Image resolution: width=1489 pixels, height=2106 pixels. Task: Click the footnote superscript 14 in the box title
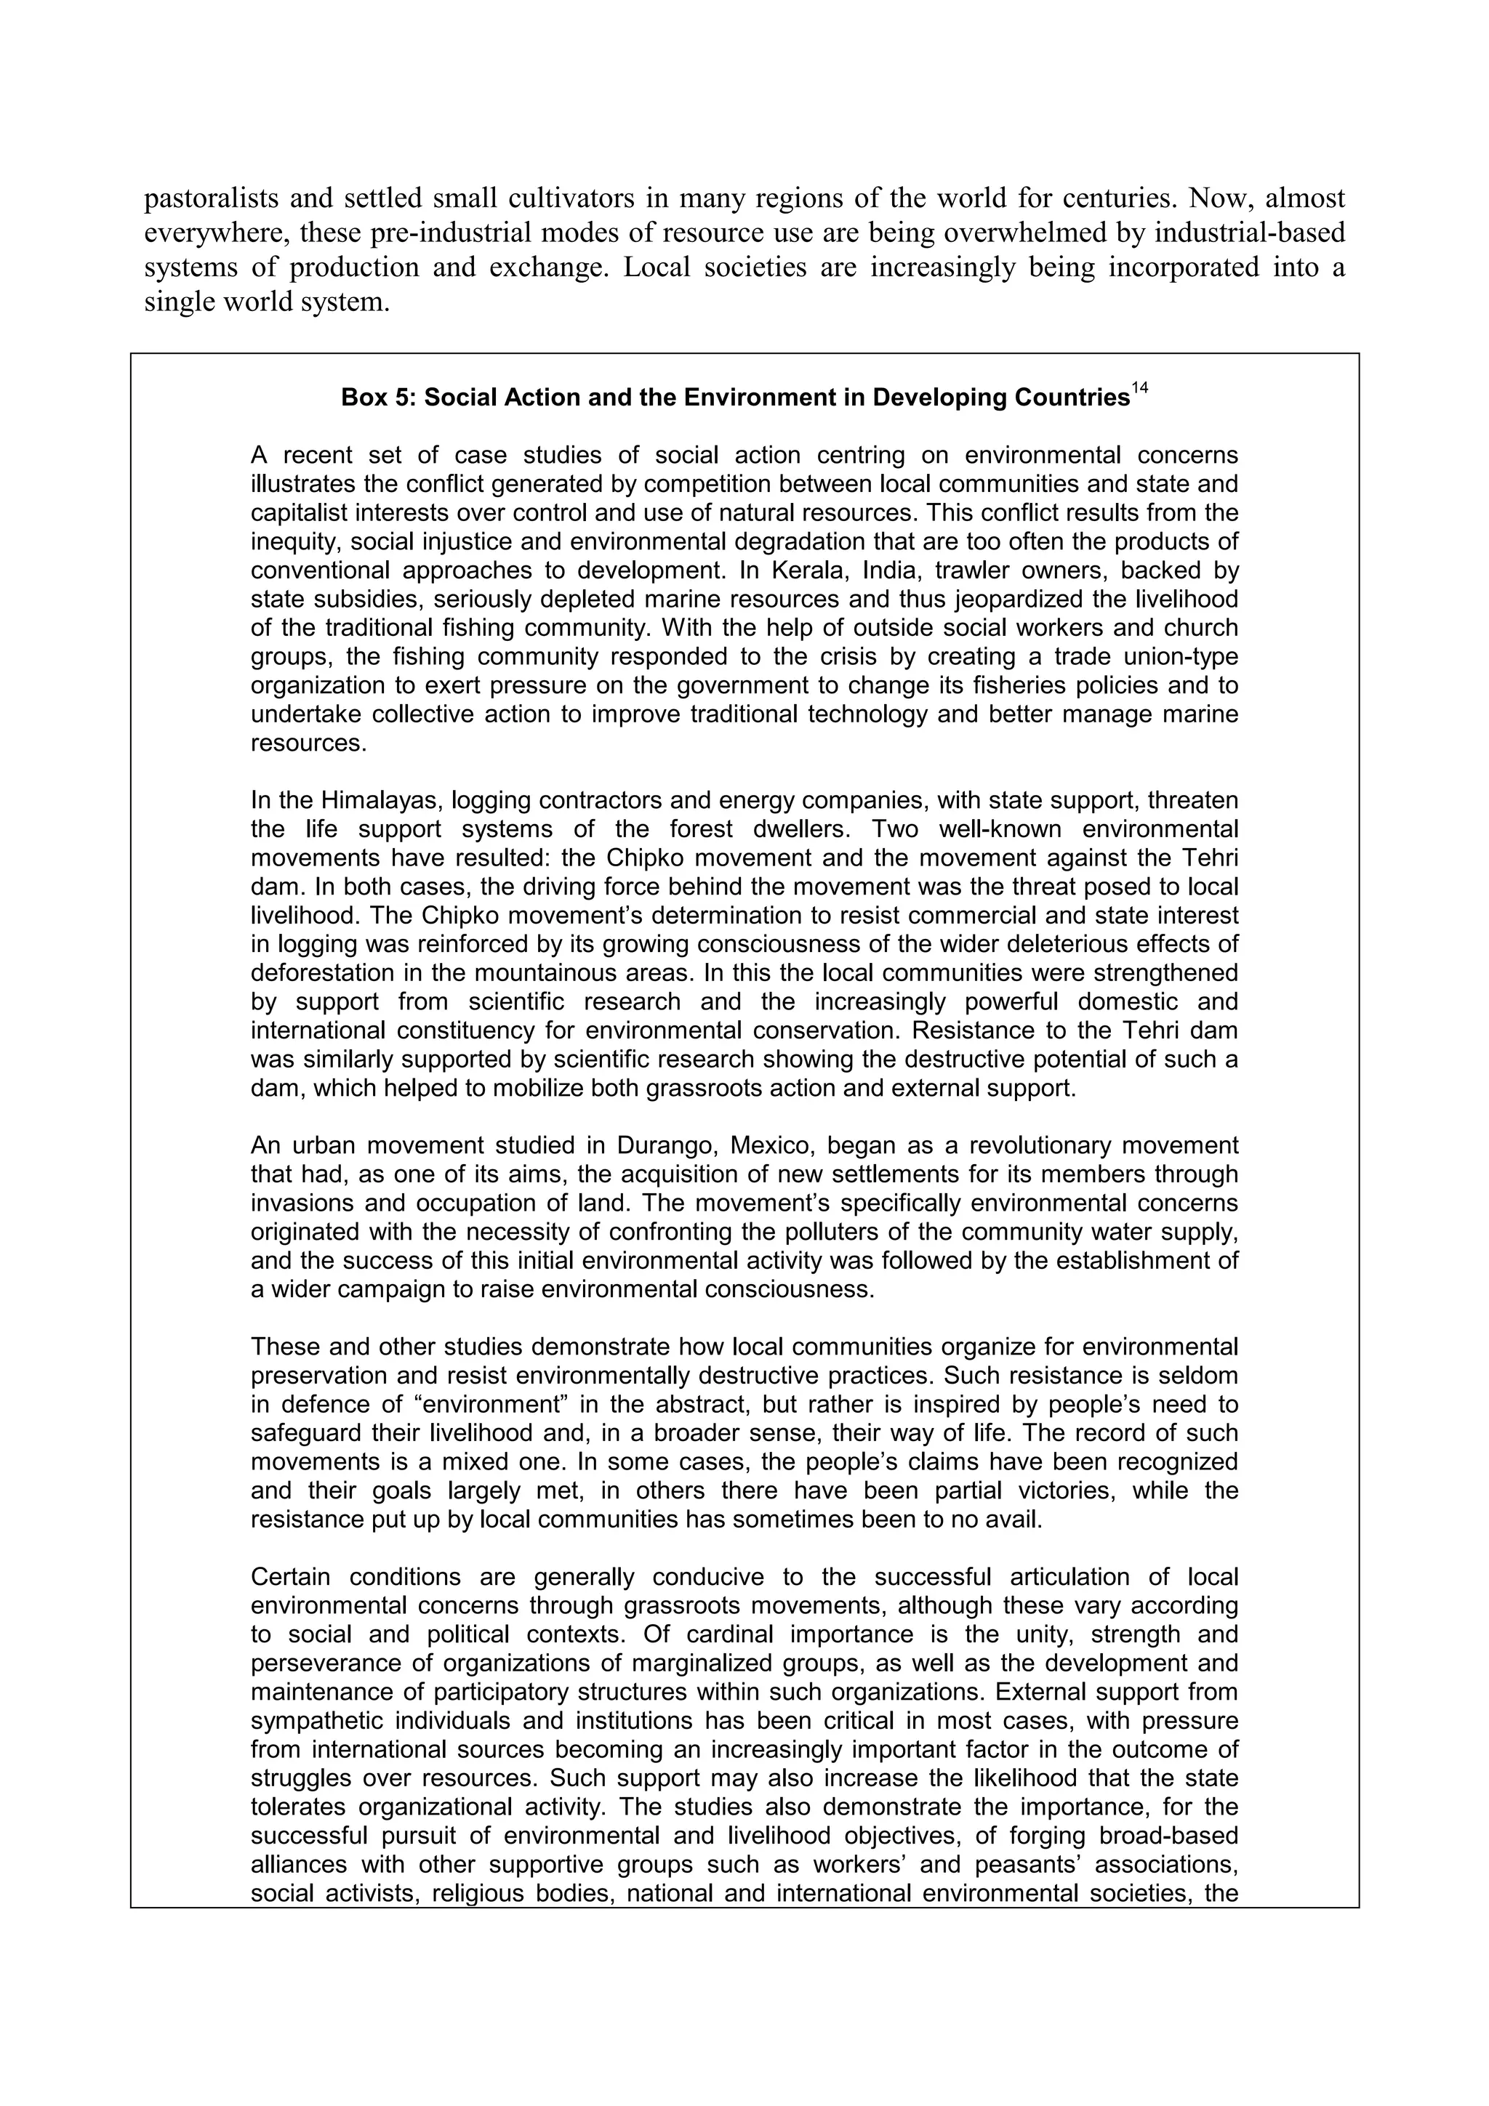[1139, 389]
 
